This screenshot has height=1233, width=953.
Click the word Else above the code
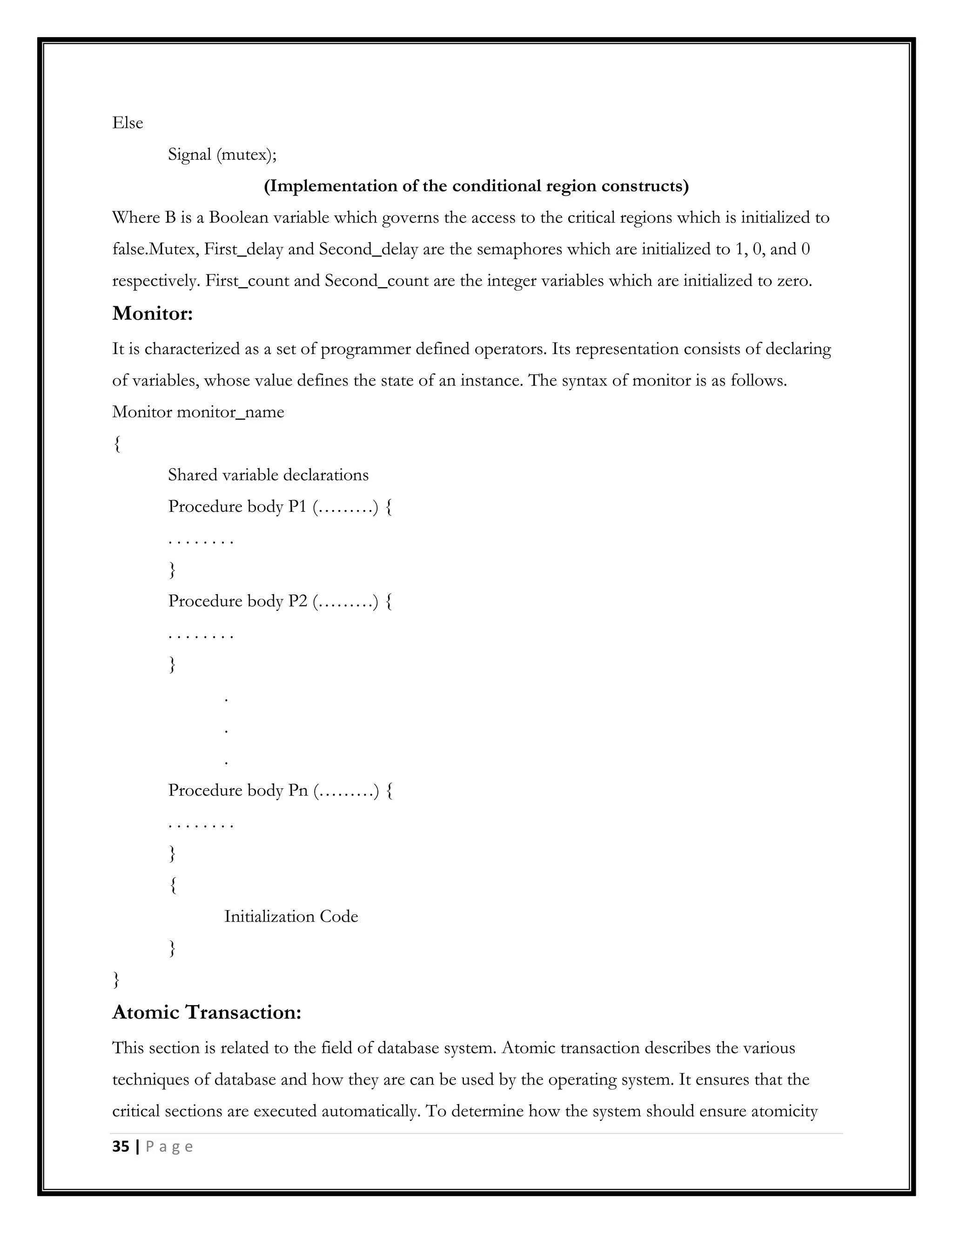coord(128,123)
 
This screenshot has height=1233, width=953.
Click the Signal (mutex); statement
coord(222,154)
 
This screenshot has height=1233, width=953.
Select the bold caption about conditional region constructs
coord(476,186)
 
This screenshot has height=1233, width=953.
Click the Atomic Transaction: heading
coord(207,1012)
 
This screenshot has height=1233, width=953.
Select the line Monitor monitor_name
coord(198,412)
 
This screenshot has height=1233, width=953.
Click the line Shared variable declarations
coord(268,475)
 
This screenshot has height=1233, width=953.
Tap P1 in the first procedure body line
coord(297,506)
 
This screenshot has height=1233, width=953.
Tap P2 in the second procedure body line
coord(297,601)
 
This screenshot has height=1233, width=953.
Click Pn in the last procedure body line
coord(298,790)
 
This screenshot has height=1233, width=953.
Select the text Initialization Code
coord(291,916)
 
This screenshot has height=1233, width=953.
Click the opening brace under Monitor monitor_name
coord(117,444)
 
